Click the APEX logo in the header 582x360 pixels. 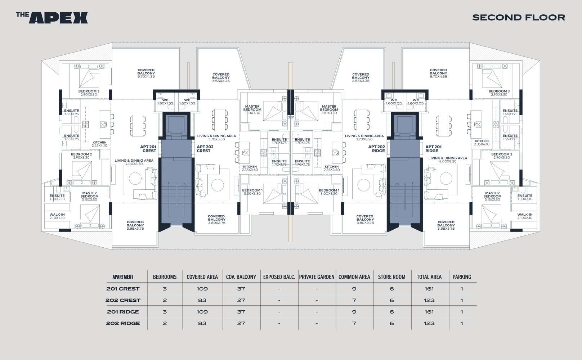pos(52,18)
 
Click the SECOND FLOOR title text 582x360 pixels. pos(519,17)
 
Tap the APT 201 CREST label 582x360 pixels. pos(148,149)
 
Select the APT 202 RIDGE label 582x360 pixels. pos(376,149)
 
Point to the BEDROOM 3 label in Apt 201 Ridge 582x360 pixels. pos(499,91)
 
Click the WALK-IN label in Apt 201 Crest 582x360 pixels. pos(57,215)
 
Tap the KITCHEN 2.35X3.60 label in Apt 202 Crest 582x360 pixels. pos(250,168)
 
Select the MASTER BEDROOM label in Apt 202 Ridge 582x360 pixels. pos(329,108)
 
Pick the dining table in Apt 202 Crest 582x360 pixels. pos(220,120)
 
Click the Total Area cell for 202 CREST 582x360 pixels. pos(429,300)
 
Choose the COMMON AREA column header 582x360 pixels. pos(354,277)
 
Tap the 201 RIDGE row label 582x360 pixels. pos(123,312)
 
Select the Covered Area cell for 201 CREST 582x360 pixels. pos(202,289)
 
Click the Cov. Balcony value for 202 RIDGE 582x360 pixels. pos(241,323)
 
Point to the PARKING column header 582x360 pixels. pos(462,277)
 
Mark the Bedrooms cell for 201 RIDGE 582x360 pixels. pos(165,312)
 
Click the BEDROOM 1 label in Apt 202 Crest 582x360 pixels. pos(252,190)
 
